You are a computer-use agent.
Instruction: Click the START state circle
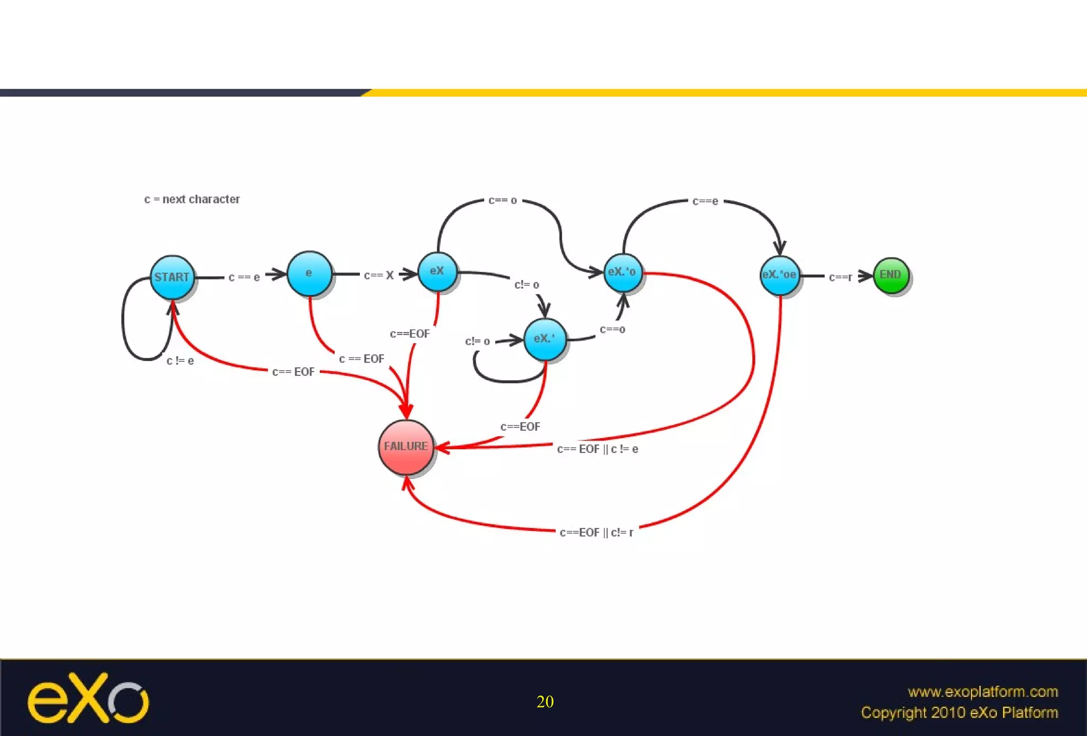coord(172,277)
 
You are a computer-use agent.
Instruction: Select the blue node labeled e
coord(309,273)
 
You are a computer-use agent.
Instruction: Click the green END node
coord(891,275)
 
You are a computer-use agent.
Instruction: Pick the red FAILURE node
coord(406,447)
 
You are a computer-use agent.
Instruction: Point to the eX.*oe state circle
coord(779,275)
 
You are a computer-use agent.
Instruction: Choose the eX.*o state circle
coord(623,272)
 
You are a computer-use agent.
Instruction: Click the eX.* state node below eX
coord(545,339)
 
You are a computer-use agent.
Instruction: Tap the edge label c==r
coord(840,277)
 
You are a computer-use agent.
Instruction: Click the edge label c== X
coord(378,275)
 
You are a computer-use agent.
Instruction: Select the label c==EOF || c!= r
coord(597,532)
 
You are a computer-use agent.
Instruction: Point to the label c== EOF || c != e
coord(598,449)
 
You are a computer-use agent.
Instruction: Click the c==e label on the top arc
coord(705,201)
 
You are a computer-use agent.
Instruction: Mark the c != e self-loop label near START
coord(180,361)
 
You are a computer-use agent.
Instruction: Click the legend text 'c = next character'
coord(192,199)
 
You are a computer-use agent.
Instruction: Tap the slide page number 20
coord(545,701)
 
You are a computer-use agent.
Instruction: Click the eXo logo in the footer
coord(88,698)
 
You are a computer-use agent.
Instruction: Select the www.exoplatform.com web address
coord(982,691)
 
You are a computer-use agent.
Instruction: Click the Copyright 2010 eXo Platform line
coord(959,713)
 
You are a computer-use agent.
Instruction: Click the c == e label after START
coord(244,277)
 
